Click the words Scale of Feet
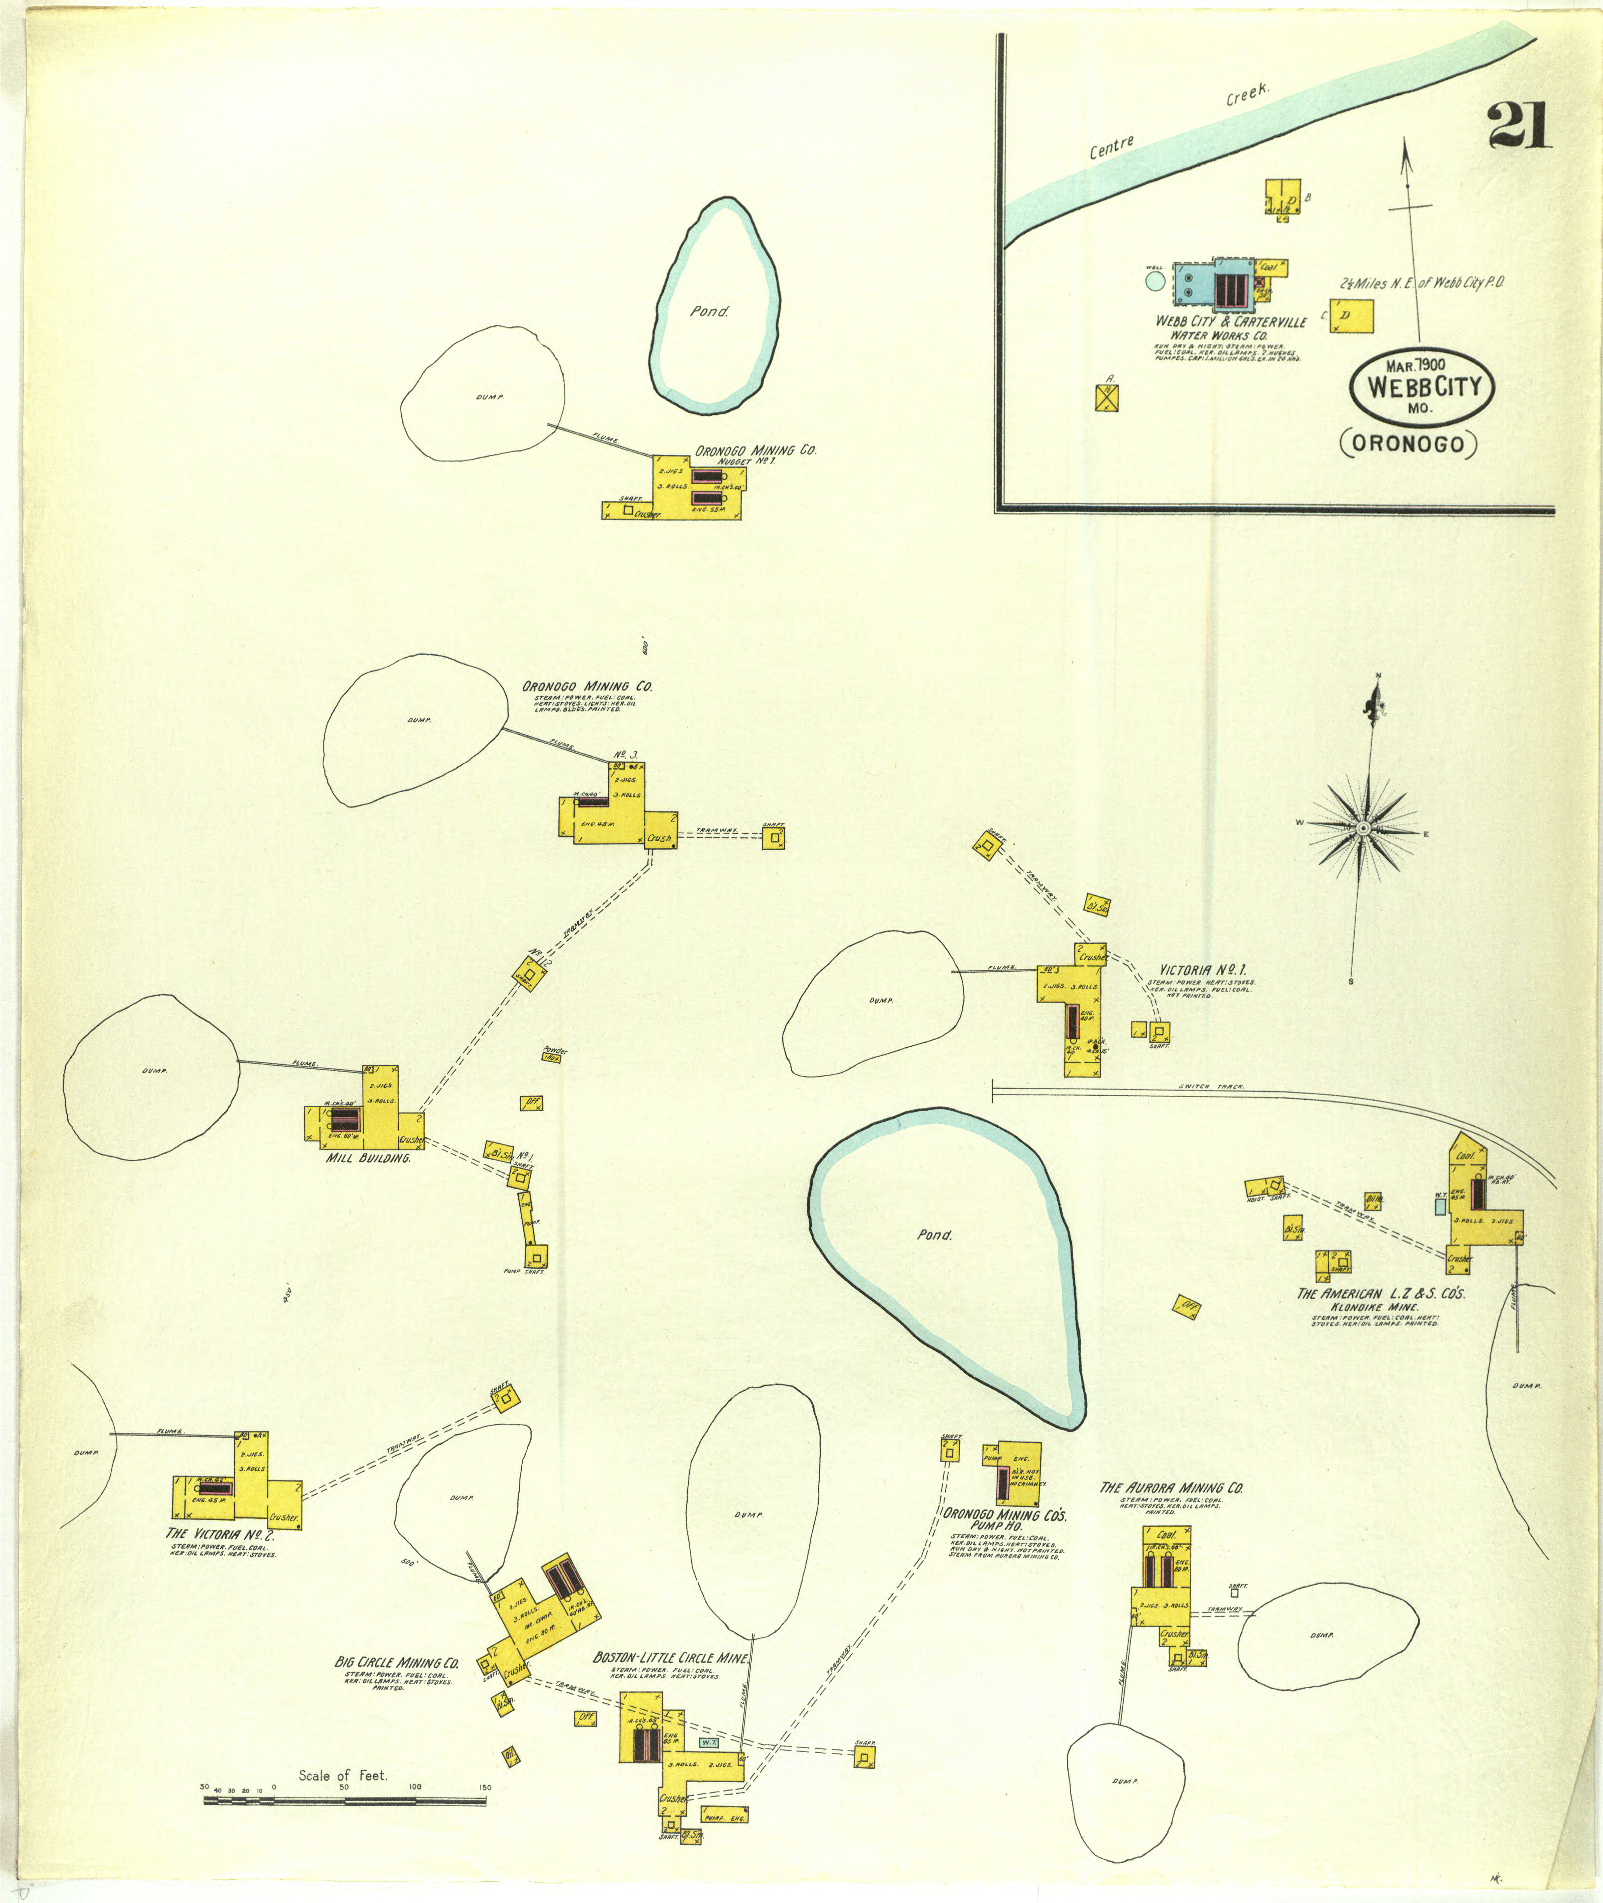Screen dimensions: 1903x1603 pos(343,1775)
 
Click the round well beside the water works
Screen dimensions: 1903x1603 pos(1155,281)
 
